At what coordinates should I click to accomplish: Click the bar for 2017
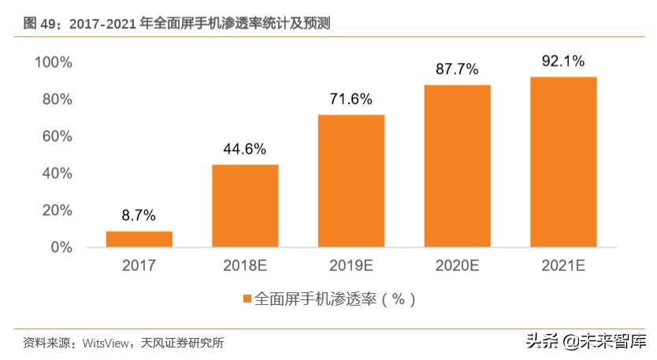pyautogui.click(x=139, y=239)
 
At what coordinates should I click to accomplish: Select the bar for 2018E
pyautogui.click(x=245, y=206)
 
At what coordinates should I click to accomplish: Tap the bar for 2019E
pyautogui.click(x=351, y=180)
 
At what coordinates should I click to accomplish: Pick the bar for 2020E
pyautogui.click(x=457, y=165)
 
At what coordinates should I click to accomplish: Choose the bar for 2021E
pyautogui.click(x=563, y=161)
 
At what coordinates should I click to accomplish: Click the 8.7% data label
pyautogui.click(x=139, y=215)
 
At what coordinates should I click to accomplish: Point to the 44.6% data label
pyautogui.click(x=245, y=148)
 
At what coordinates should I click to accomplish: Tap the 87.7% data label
pyautogui.click(x=457, y=69)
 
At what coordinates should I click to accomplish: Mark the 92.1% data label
pyautogui.click(x=563, y=61)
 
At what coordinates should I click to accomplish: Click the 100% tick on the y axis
pyautogui.click(x=54, y=62)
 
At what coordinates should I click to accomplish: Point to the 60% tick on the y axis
pyautogui.click(x=57, y=136)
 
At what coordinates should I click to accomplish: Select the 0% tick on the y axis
pyautogui.click(x=61, y=247)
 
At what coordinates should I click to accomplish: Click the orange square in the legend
pyautogui.click(x=247, y=299)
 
